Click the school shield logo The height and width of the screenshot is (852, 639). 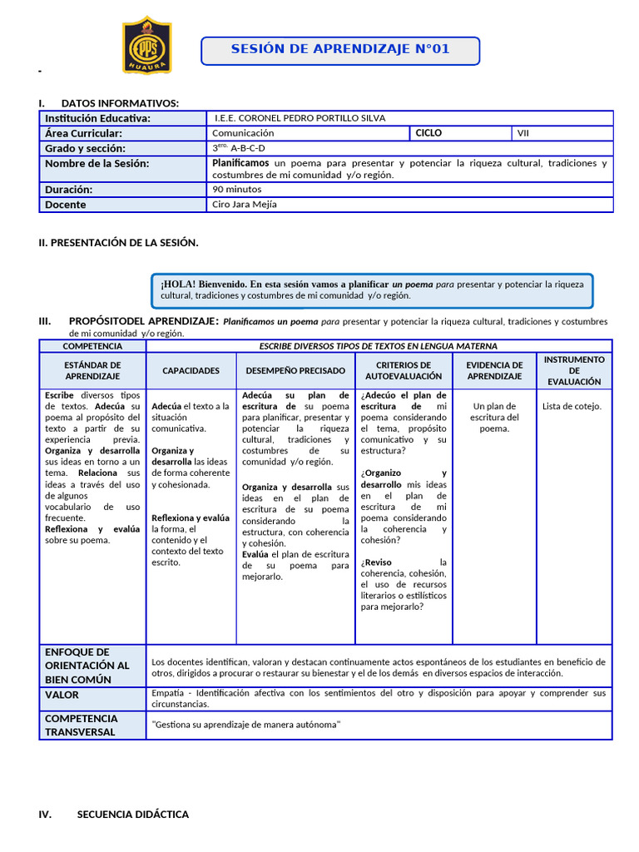pos(147,45)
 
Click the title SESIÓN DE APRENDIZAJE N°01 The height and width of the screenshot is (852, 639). pos(340,50)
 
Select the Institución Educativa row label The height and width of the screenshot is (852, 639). pos(97,119)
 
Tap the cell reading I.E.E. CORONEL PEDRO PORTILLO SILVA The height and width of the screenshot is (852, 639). pos(300,118)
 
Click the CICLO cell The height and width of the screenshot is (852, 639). pos(429,133)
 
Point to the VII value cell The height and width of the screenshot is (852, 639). pos(523,133)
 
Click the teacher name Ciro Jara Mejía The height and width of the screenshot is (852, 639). pos(245,205)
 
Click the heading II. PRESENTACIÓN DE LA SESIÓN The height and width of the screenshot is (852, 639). pos(119,243)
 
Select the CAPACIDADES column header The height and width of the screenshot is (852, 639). pos(191,371)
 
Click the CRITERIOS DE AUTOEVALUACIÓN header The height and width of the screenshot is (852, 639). pos(404,371)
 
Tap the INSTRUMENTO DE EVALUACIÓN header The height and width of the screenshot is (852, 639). pos(574,370)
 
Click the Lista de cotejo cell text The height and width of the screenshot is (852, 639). pos(572,407)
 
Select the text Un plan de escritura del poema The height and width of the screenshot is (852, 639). pos(494,417)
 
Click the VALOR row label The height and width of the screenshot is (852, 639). pos(62,695)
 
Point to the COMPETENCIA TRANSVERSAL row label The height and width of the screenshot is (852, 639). pos(82,726)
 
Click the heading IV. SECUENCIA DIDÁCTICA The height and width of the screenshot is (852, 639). pos(132,815)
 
